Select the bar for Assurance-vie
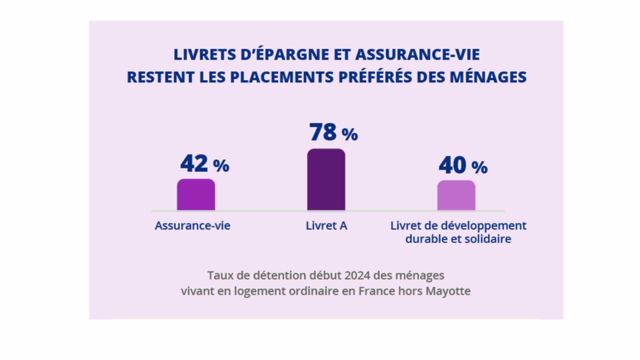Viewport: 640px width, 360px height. (196, 195)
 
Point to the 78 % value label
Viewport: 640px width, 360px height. (333, 132)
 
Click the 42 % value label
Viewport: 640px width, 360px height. (205, 164)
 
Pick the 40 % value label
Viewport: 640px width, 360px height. (463, 165)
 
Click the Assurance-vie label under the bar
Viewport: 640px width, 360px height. (192, 226)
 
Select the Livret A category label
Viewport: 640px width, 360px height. (326, 226)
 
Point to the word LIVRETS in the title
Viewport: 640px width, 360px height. (205, 55)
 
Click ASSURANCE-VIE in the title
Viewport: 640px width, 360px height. (417, 55)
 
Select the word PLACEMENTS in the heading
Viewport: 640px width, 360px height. (282, 77)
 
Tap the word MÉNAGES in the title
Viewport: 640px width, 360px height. (488, 77)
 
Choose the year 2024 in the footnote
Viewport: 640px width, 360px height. (357, 276)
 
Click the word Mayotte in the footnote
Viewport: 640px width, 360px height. (448, 291)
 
